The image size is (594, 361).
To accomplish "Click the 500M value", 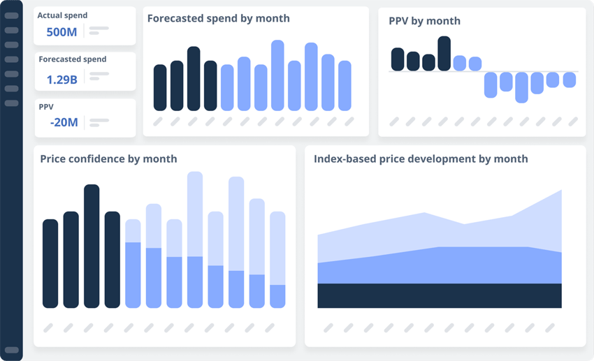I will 61,31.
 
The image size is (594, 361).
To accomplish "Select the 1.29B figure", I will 61,79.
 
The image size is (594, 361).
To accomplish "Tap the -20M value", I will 64,122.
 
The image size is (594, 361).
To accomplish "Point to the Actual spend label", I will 62,15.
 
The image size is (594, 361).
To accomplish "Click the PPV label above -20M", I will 46,107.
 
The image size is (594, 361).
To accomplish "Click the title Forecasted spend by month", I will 218,18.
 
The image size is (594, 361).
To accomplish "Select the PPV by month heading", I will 424,21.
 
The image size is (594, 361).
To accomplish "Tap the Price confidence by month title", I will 108,159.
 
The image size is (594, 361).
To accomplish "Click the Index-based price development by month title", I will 421,159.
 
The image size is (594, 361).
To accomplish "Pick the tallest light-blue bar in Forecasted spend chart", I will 277,75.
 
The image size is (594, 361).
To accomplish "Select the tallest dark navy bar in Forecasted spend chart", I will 194,78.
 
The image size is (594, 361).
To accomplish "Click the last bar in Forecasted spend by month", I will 345,85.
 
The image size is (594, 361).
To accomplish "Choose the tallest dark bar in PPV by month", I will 444,53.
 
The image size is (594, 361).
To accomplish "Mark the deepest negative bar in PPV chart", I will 521,87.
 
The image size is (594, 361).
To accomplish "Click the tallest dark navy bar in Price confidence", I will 92,246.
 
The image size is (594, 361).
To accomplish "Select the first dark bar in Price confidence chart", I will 50,263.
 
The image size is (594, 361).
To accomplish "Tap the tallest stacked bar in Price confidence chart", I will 195,240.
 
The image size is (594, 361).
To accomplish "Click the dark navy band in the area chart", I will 439,295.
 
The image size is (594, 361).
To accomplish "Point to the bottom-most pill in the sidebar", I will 11,350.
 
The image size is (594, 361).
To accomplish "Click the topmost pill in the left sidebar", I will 11,15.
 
